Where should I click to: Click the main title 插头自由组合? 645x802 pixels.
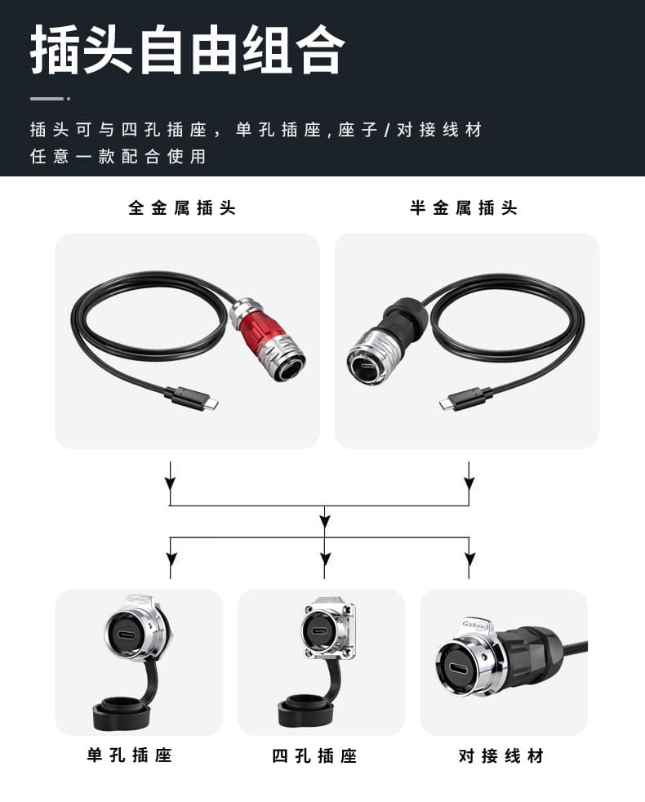coord(187,50)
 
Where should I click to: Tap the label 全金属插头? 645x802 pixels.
coord(182,207)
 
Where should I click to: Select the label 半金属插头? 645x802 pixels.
coord(464,207)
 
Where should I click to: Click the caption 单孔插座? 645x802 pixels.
coord(130,755)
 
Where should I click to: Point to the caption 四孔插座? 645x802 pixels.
coord(314,755)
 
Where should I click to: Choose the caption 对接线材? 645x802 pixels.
coord(500,755)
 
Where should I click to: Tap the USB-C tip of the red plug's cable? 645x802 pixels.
coord(213,403)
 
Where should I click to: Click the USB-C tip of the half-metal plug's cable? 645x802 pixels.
coord(446,404)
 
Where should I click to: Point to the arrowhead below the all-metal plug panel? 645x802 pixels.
coord(171,483)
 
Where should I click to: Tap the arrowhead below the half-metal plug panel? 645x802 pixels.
coord(469,483)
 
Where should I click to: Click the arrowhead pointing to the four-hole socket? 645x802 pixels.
coord(324,559)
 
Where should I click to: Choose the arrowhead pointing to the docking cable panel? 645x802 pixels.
coord(469,559)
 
